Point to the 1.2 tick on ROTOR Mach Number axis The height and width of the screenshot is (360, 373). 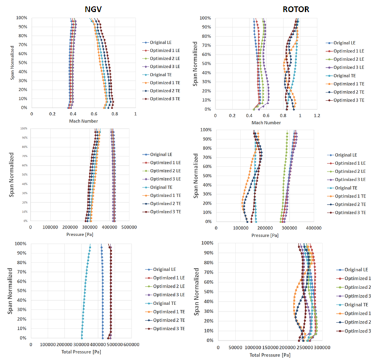click(x=317, y=115)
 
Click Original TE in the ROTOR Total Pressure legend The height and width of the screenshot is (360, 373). click(x=355, y=305)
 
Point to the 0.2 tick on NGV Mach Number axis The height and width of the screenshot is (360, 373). click(x=52, y=114)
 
